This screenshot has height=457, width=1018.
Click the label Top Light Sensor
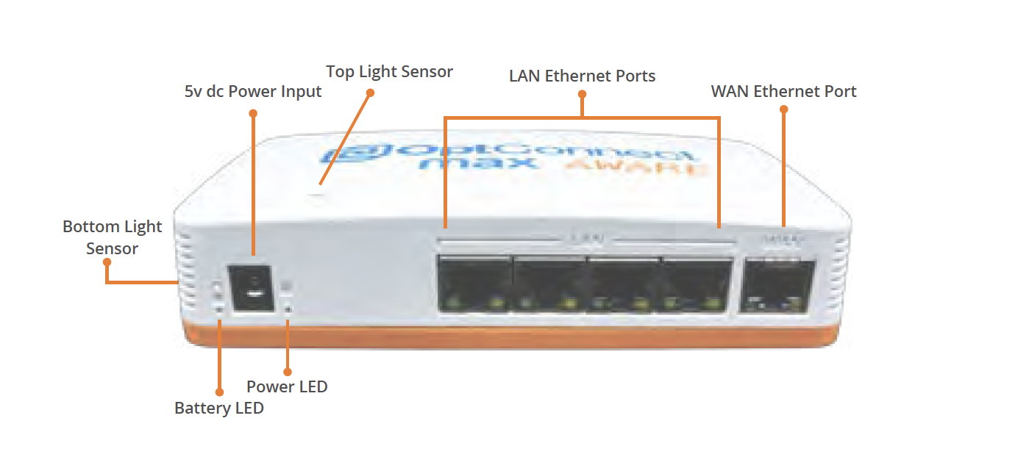(x=389, y=72)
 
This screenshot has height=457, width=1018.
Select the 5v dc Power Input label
(x=253, y=92)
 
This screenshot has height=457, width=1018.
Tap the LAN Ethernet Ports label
(x=582, y=76)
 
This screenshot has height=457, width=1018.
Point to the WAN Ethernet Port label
(x=783, y=92)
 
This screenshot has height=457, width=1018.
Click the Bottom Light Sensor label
(x=112, y=237)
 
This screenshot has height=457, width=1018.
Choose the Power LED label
(x=287, y=386)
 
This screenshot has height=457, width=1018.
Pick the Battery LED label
(x=218, y=408)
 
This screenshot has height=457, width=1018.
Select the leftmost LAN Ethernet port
(x=474, y=286)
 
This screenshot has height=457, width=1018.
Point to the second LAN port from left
(x=549, y=286)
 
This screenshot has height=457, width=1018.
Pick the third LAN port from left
(x=624, y=286)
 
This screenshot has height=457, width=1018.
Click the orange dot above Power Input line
(x=253, y=113)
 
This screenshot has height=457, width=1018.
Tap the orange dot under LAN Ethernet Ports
(x=582, y=94)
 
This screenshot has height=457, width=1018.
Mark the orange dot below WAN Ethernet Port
(x=783, y=109)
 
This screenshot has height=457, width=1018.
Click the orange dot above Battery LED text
(x=218, y=392)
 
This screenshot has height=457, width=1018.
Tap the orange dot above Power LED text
(x=287, y=371)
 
